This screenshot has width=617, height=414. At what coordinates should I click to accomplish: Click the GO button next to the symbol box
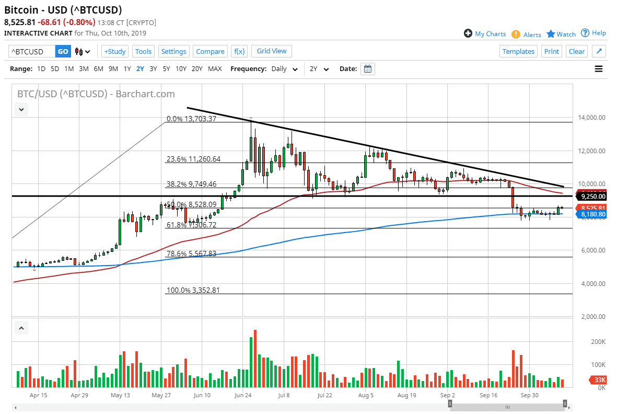[63, 51]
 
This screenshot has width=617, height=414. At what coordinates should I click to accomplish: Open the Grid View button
[272, 51]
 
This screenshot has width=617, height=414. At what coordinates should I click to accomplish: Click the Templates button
[518, 51]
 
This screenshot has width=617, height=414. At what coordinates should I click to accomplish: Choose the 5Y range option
[166, 68]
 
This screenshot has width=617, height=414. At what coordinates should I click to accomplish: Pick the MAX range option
[215, 68]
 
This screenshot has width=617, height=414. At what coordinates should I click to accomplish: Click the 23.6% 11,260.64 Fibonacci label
[193, 159]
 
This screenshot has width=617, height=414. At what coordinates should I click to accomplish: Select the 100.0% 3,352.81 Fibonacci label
[193, 290]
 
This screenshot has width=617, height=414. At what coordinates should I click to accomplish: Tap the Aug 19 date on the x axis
[406, 396]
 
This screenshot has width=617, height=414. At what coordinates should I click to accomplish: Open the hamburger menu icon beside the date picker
[599, 68]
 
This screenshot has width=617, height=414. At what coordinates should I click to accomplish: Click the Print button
[551, 51]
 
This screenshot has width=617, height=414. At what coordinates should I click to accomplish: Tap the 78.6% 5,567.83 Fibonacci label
[191, 254]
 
